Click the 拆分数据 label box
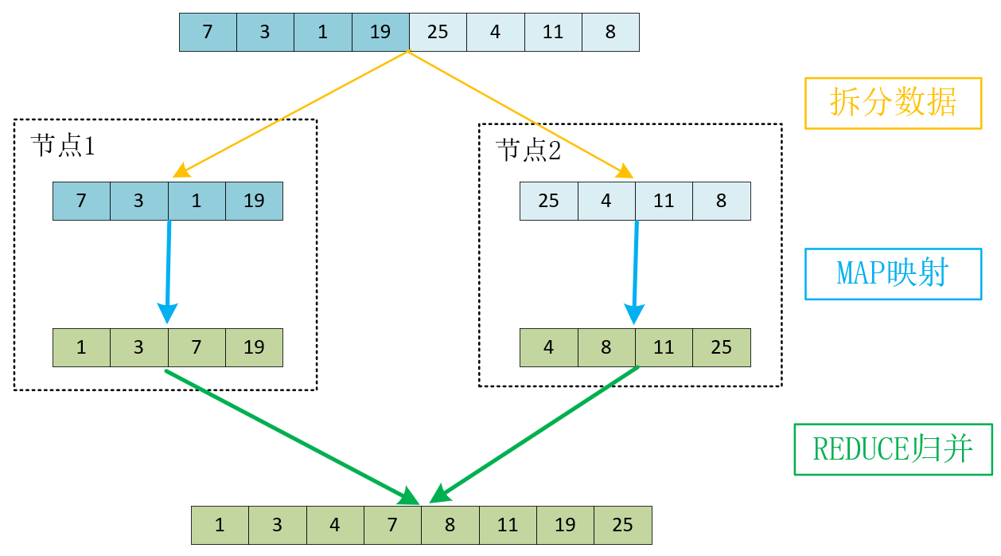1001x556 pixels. pyautogui.click(x=893, y=103)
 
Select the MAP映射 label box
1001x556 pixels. pyautogui.click(x=893, y=274)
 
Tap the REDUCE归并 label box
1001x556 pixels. pyautogui.click(x=893, y=449)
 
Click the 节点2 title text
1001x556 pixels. pyautogui.click(x=528, y=150)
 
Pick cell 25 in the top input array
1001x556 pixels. pyautogui.click(x=438, y=32)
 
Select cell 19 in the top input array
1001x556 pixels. pyautogui.click(x=380, y=32)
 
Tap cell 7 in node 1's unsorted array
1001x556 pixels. pyautogui.click(x=81, y=201)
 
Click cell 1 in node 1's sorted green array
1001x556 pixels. pyautogui.click(x=81, y=347)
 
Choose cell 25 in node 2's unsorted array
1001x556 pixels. pyautogui.click(x=548, y=201)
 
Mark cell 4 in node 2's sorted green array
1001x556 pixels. pyautogui.click(x=548, y=347)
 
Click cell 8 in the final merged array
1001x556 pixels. pyautogui.click(x=450, y=525)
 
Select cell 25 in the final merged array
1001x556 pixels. pyautogui.click(x=623, y=525)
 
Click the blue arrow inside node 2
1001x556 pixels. pyautogui.click(x=635, y=271)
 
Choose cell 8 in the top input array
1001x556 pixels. pyautogui.click(x=610, y=32)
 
